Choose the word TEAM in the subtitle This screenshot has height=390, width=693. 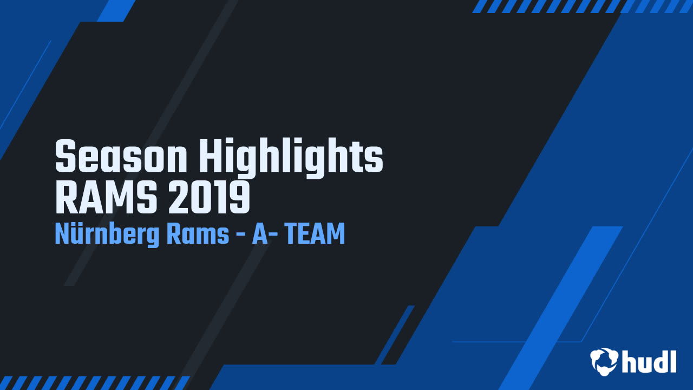point(315,235)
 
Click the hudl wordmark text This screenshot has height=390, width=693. point(649,361)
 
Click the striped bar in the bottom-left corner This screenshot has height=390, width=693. point(95,382)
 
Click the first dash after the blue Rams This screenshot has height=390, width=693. point(241,236)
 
